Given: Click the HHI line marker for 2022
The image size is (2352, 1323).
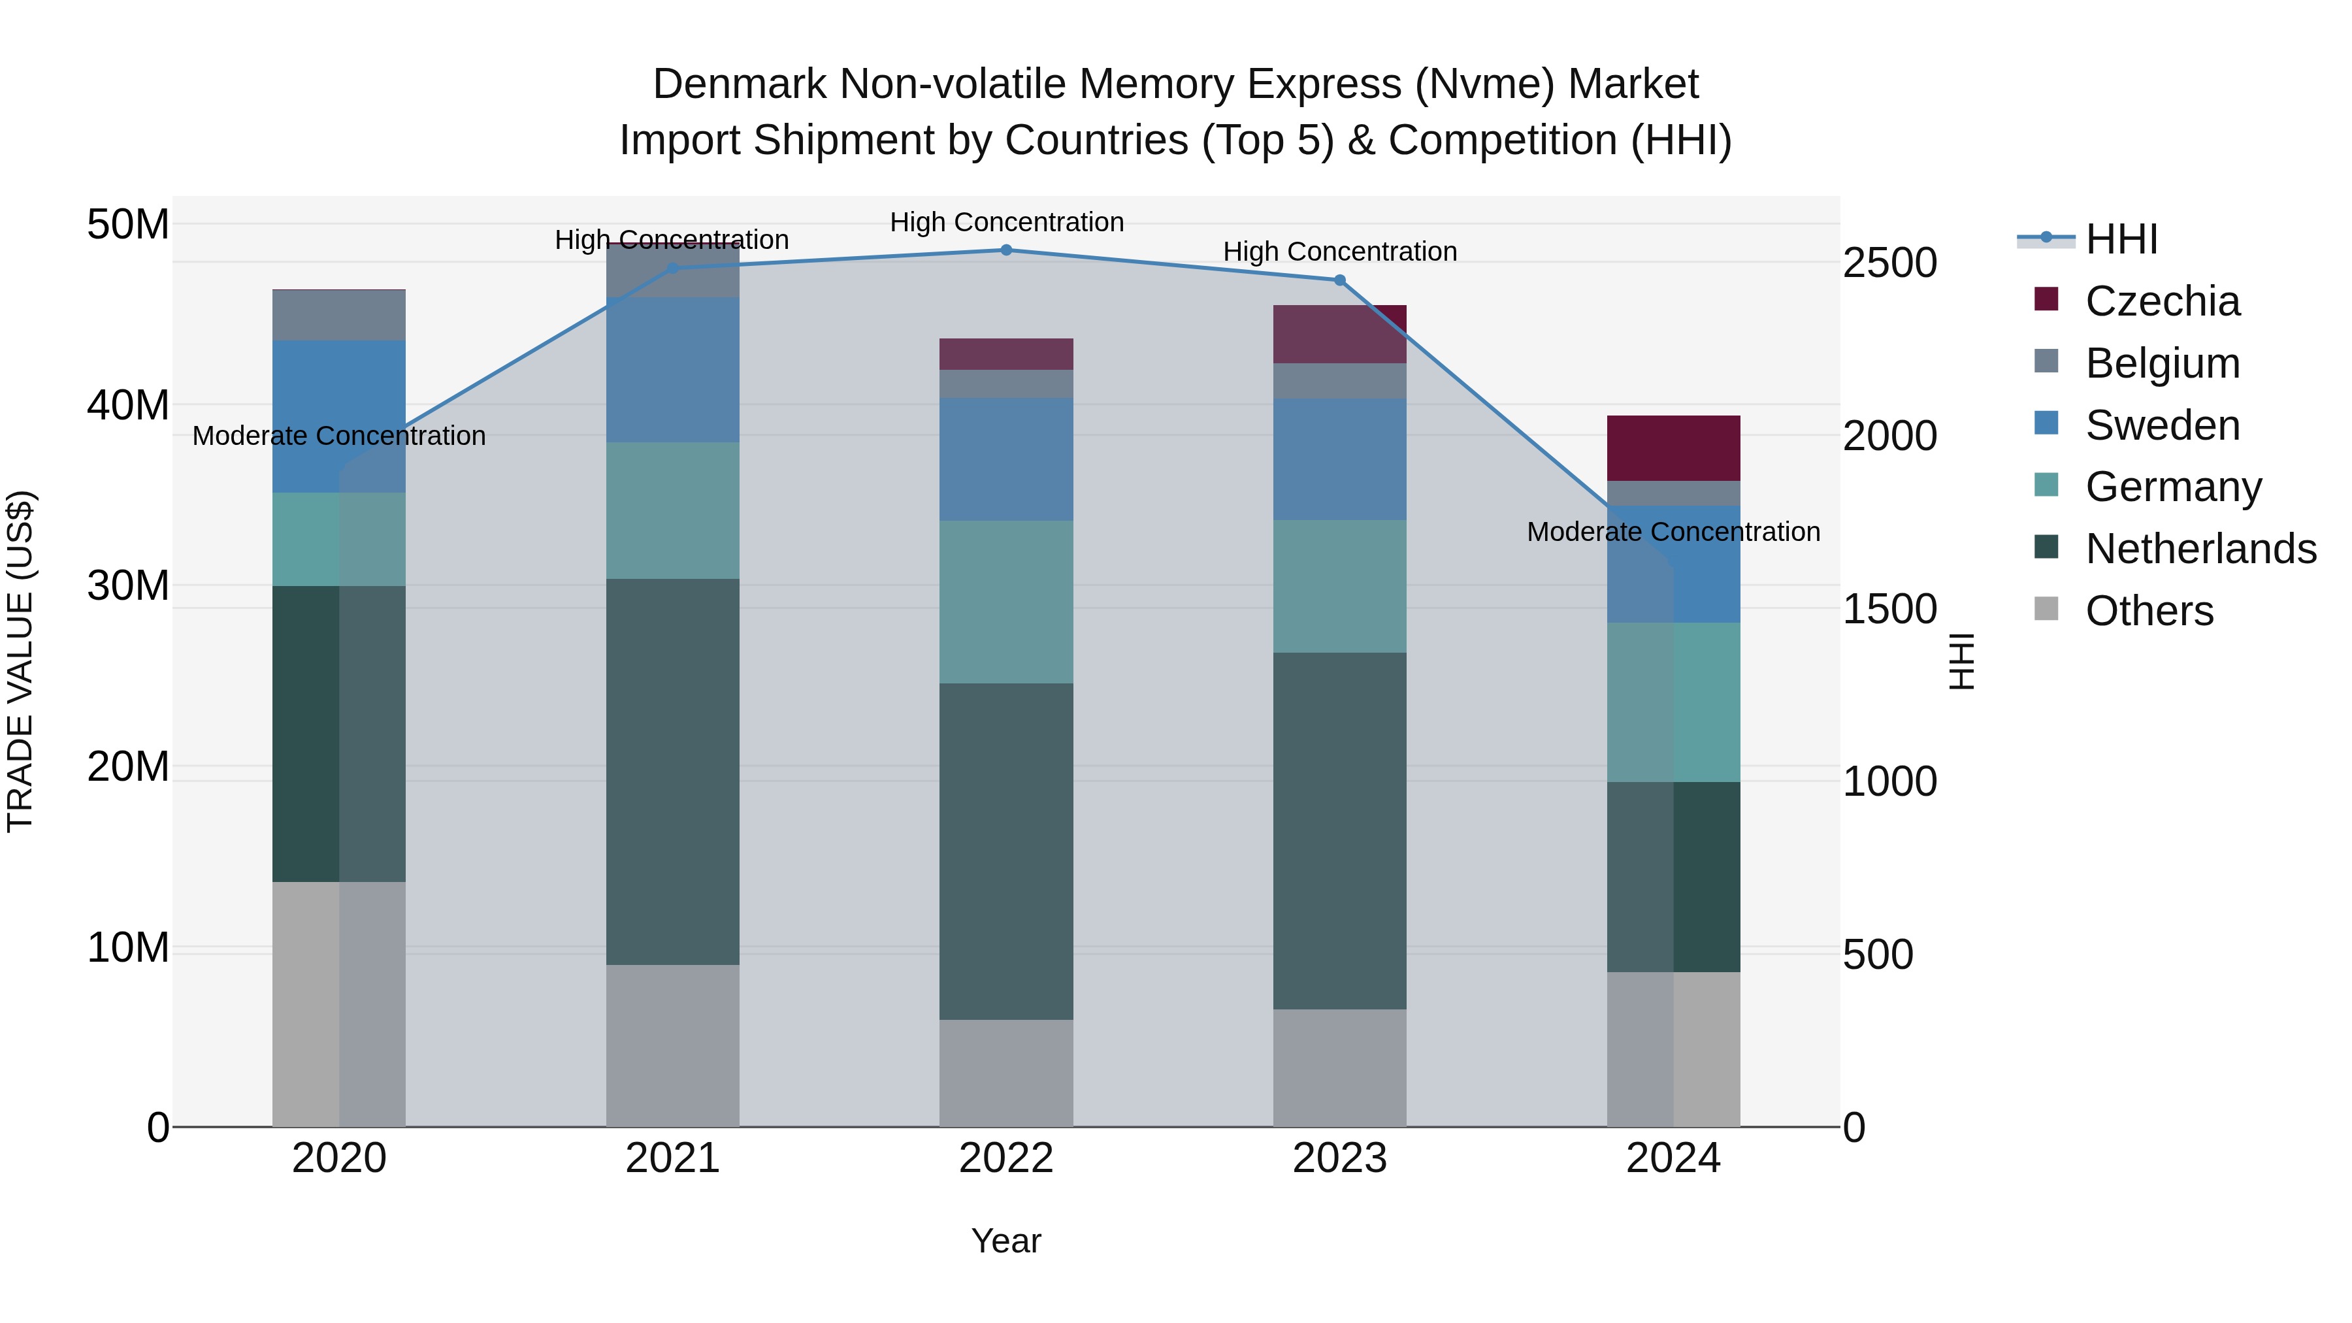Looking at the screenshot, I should click(x=1006, y=250).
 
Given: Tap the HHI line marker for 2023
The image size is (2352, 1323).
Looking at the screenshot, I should click(x=1339, y=280).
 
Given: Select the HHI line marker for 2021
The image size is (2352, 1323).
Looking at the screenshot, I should click(x=673, y=269).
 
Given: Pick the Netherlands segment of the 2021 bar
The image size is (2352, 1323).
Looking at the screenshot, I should click(x=673, y=772).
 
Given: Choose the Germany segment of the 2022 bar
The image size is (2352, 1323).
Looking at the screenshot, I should click(x=1006, y=602).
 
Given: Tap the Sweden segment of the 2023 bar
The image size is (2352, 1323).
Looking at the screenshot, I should click(x=1339, y=459).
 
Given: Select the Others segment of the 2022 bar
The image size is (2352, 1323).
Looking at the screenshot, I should click(x=1006, y=1073).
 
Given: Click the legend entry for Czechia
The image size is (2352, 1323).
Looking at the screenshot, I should click(x=2162, y=301).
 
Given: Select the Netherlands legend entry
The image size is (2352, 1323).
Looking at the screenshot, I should click(x=2200, y=549).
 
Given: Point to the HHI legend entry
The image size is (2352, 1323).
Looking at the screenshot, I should click(x=2121, y=239).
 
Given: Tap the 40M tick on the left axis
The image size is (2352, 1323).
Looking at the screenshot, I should click(x=128, y=404).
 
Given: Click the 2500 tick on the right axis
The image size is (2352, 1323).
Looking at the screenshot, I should click(x=1889, y=263).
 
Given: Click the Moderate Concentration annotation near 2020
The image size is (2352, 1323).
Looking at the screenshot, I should click(x=338, y=436).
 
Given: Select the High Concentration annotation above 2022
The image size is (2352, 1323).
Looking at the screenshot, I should click(x=1006, y=222).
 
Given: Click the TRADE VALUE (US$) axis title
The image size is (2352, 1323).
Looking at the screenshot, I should click(x=20, y=661).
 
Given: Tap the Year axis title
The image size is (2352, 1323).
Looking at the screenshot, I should click(x=1006, y=1241).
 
